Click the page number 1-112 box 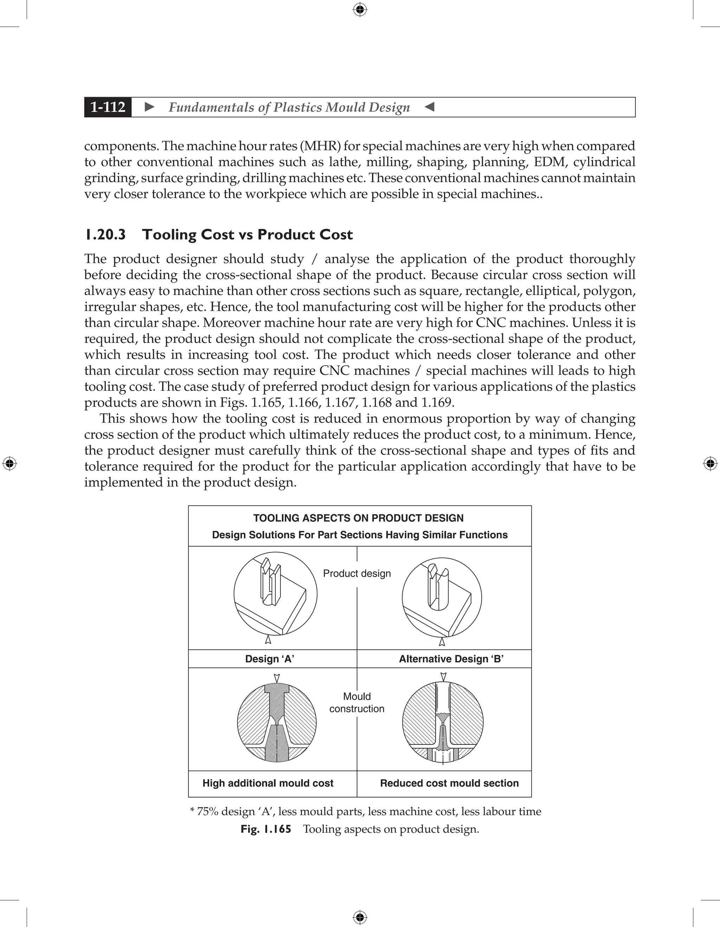[x=108, y=107]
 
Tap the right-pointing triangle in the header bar [x=149, y=107]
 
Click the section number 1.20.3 [x=105, y=235]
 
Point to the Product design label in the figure [x=357, y=574]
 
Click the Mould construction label [x=357, y=703]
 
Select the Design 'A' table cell [x=270, y=659]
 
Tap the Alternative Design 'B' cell [x=451, y=659]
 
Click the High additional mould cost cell [x=268, y=783]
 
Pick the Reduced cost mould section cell [x=449, y=783]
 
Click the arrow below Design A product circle [x=268, y=639]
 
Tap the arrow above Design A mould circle [x=277, y=677]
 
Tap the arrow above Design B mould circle [x=443, y=677]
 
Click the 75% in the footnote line [x=207, y=812]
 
